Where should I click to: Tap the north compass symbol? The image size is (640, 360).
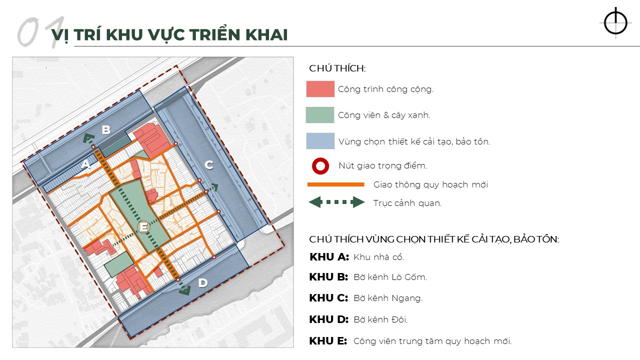(x=615, y=22)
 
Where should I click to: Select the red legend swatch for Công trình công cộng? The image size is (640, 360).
(x=320, y=89)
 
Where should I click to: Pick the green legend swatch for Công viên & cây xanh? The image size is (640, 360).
(x=320, y=115)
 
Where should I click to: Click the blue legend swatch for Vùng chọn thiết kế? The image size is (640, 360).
(x=320, y=141)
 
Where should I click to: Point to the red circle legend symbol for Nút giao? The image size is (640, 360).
(x=320, y=165)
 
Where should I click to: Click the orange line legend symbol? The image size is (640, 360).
(x=335, y=184)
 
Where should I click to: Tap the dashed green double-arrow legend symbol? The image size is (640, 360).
(x=336, y=202)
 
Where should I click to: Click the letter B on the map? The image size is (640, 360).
(x=106, y=130)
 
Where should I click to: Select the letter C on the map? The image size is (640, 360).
(x=209, y=165)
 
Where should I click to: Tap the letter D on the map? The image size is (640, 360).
(x=202, y=283)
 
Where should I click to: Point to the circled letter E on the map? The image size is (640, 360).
(x=143, y=227)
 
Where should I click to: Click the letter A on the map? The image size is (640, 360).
(x=85, y=163)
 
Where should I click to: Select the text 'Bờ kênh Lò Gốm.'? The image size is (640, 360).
(x=390, y=277)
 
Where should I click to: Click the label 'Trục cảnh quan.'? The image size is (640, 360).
(x=407, y=203)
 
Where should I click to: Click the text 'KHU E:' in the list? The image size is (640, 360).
(x=328, y=341)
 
